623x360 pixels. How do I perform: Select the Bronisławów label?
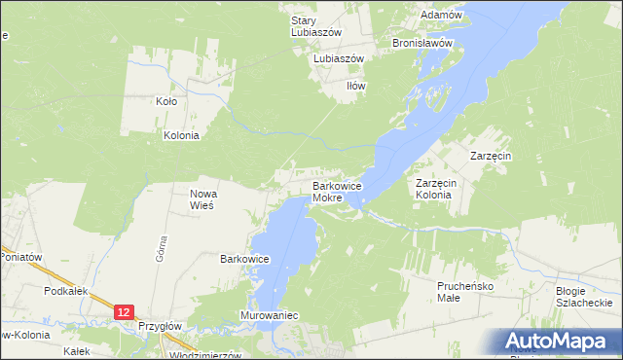[x=423, y=44]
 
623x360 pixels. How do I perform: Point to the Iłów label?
[x=356, y=86]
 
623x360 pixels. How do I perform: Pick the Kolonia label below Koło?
[x=181, y=136]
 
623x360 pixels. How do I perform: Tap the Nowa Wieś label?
[x=203, y=199]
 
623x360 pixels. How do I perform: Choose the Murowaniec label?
[x=268, y=316]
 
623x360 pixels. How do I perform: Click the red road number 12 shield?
[x=122, y=311]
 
